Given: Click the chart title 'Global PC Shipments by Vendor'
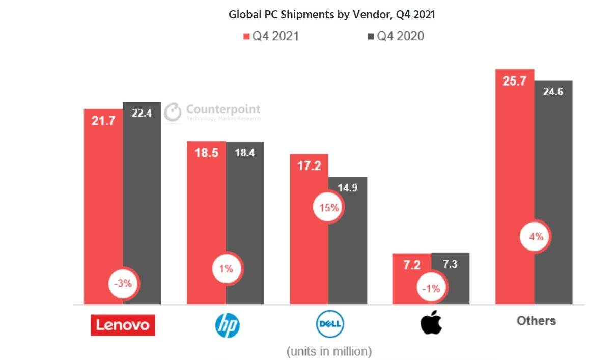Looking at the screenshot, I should click(331, 14).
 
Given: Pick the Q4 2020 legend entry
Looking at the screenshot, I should click(396, 36).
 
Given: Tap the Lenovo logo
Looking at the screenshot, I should click(123, 325).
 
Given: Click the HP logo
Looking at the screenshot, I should click(227, 324).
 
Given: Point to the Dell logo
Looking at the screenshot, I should click(330, 324).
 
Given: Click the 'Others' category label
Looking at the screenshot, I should click(536, 321).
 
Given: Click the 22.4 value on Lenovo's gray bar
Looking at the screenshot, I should click(142, 113).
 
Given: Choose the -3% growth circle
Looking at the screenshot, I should click(123, 284).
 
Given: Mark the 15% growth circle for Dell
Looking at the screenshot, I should click(328, 207).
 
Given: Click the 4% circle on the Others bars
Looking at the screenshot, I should click(534, 236).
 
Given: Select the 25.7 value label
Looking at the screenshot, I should click(514, 80).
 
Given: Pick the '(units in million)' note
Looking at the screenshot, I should click(329, 351).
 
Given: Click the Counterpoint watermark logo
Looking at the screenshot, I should click(212, 113).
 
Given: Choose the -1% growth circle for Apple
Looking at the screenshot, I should click(431, 288).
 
